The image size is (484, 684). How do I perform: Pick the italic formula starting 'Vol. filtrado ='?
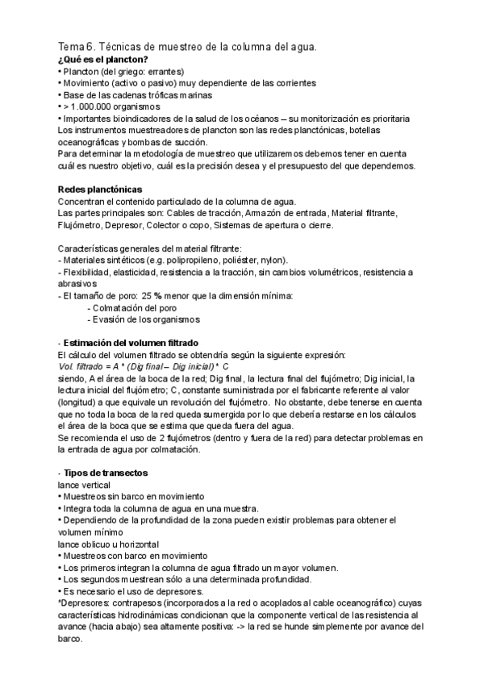pos(145,367)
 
